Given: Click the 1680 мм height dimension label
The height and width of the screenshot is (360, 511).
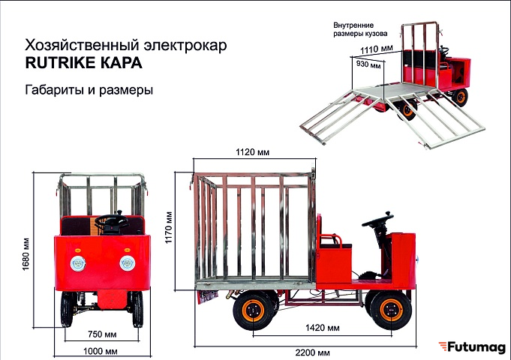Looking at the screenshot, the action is click(26, 254).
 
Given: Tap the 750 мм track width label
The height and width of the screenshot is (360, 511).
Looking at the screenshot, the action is click(102, 334).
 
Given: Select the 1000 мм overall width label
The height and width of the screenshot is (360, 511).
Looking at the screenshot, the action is click(101, 351).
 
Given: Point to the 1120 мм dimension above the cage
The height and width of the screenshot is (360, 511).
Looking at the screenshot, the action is click(253, 152).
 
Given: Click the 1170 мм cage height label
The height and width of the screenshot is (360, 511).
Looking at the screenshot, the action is click(169, 227).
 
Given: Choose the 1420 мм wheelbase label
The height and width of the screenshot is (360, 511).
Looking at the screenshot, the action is click(323, 328).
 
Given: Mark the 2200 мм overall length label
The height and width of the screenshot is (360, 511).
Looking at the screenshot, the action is click(313, 352).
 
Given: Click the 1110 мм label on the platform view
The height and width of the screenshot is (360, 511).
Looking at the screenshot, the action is click(377, 49).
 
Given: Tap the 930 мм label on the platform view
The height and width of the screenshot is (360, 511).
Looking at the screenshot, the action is click(368, 64).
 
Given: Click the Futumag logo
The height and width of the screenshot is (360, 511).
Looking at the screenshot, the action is click(472, 347).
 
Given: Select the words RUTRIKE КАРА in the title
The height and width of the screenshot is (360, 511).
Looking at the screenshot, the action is click(84, 62).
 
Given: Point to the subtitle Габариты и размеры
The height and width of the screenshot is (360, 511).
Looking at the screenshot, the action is click(89, 89).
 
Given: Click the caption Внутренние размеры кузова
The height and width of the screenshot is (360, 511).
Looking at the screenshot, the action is click(360, 29).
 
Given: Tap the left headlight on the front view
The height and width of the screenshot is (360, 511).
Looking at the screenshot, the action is click(78, 263).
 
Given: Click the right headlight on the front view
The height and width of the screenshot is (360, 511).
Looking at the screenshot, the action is click(127, 263).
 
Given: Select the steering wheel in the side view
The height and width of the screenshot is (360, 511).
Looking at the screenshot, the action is click(377, 220).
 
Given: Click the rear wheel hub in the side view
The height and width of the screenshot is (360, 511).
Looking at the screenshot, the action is click(253, 310).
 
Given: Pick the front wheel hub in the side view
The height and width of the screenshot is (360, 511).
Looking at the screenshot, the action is click(391, 310).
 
